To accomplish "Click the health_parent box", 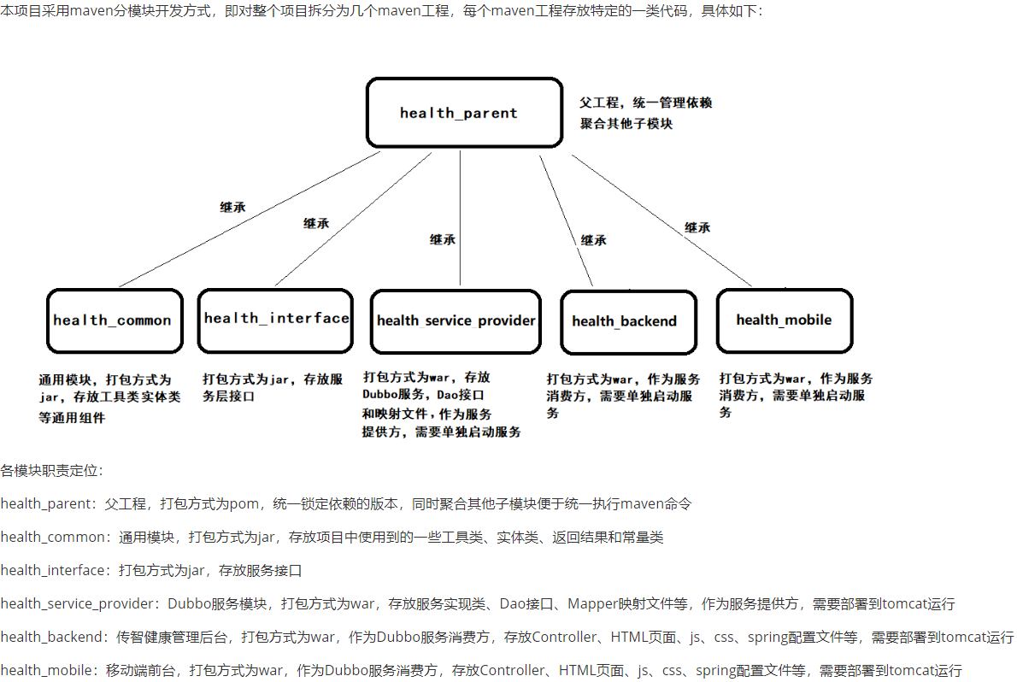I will pos(464,113).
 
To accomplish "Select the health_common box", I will pos(114,320).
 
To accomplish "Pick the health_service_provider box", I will pos(456,320).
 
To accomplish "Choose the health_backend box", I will pos(627,321).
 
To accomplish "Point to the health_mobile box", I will pos(784,320).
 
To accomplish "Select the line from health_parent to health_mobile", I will pos(662,220).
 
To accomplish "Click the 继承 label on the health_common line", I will pos(232,207).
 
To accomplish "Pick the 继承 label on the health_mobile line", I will pos(697,227).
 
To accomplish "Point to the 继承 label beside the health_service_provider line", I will pos(443,239).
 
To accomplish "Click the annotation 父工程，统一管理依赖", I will pos(645,103).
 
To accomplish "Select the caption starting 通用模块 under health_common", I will pos(109,398).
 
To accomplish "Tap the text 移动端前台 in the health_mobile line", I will pos(139,671).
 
